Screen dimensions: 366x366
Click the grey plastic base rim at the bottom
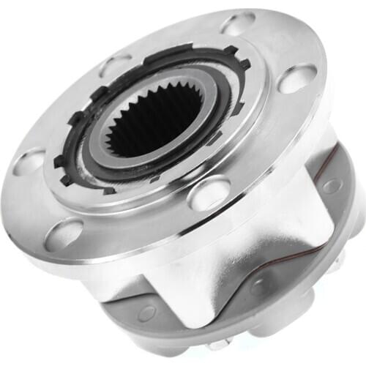click(x=183, y=337)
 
